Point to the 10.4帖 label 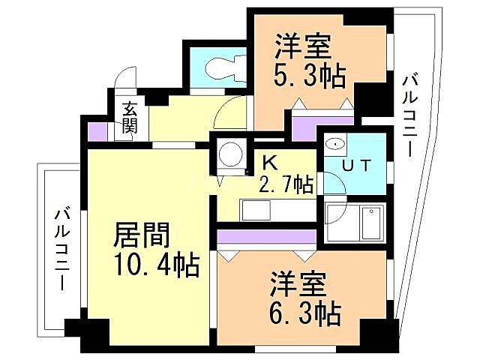coord(156,264)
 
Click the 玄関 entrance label coord(130,117)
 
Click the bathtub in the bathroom coord(372,221)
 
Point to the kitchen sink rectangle coord(253,211)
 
